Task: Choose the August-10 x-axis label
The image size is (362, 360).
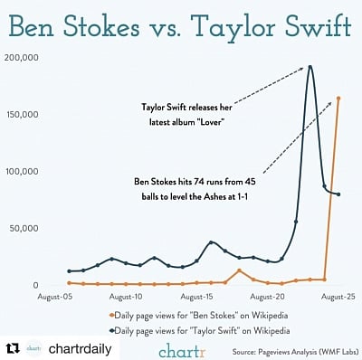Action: point(126,296)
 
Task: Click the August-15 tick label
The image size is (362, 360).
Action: point(197,296)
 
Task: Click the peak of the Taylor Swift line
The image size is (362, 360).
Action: point(310,66)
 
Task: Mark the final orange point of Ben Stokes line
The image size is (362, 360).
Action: point(338,98)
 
